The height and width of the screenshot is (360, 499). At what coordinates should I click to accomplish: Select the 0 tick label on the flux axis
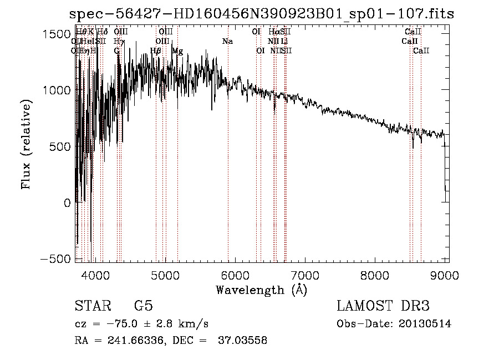[x=67, y=203]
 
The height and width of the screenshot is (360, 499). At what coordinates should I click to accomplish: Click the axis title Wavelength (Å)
[x=261, y=290]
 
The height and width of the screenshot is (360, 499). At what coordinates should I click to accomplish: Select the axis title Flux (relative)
[x=26, y=145]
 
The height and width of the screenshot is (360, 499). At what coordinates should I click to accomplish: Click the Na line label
[x=227, y=42]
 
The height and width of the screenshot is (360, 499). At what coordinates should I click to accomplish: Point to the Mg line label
[x=177, y=51]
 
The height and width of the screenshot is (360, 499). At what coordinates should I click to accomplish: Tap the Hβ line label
[x=156, y=51]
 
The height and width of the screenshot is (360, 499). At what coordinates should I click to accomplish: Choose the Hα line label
[x=273, y=32]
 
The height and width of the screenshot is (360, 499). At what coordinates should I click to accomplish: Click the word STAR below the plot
[x=91, y=306]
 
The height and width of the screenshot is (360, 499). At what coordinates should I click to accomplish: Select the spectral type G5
[x=143, y=306]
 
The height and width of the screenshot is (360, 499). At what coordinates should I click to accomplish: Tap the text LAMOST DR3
[x=383, y=306]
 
